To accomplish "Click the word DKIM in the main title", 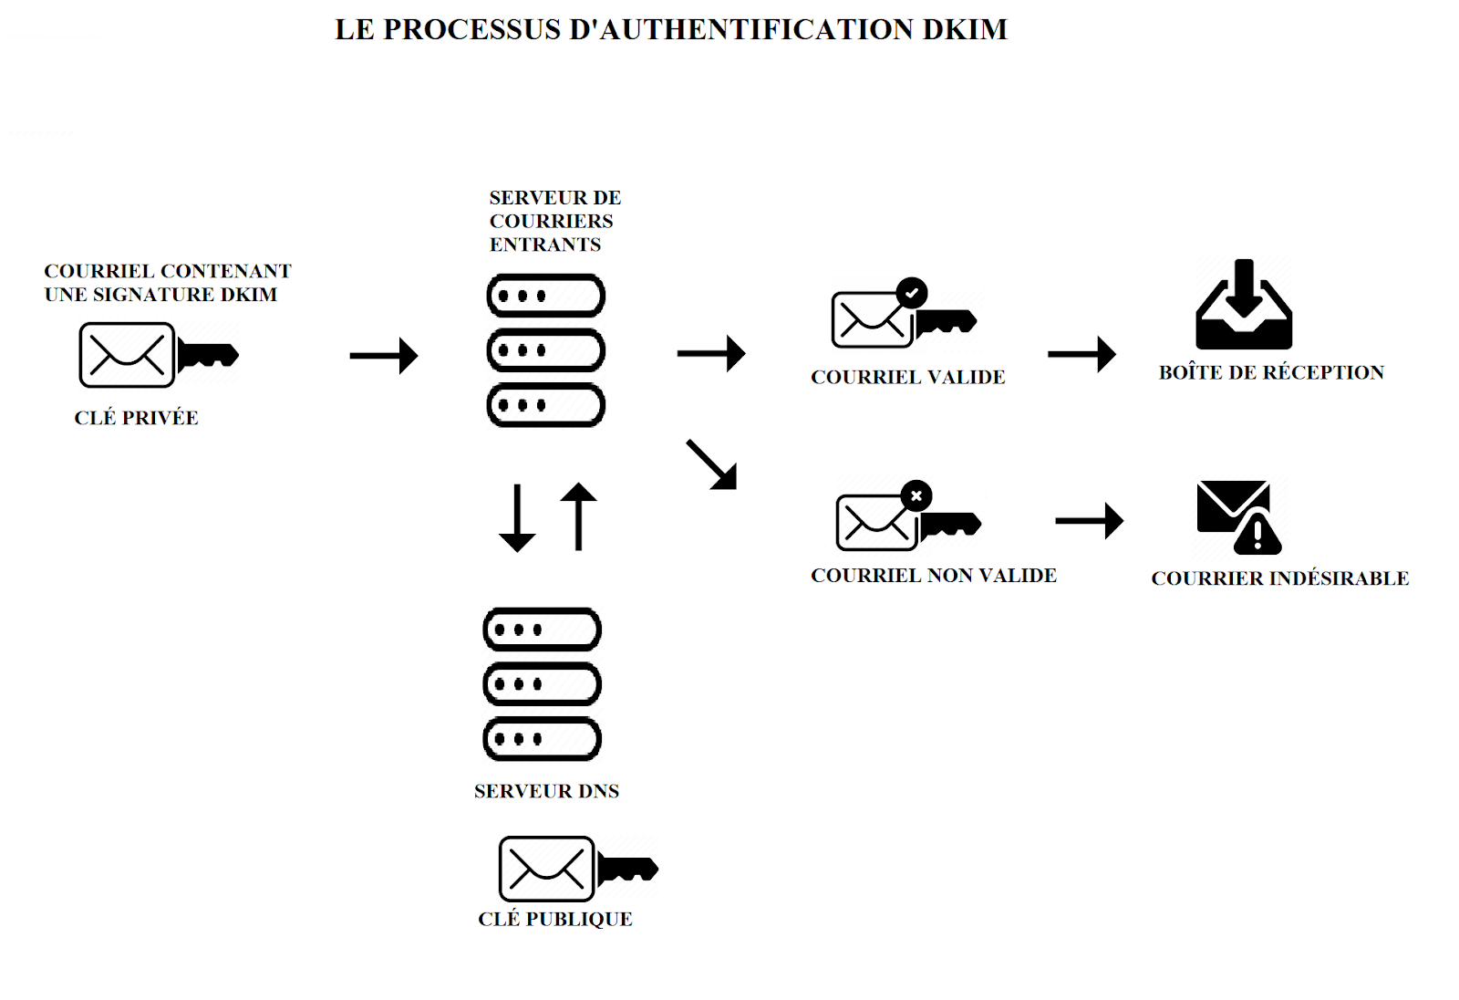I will tap(964, 29).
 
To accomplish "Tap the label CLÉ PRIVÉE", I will tap(136, 418).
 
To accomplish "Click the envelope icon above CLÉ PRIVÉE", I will tap(127, 355).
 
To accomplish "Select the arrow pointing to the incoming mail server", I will tap(383, 355).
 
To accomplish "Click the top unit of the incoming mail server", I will tap(546, 296).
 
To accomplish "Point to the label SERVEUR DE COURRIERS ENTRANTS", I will tap(554, 221).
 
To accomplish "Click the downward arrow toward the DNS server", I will tap(517, 517).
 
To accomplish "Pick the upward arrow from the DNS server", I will tap(578, 516).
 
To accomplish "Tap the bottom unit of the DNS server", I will tap(542, 739).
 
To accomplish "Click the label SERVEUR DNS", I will tap(546, 791).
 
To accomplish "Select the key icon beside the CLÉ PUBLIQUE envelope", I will tap(627, 869).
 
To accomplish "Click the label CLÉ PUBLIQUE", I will tap(554, 919).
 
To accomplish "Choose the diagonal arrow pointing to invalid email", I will tap(712, 465).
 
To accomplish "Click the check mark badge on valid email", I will tap(911, 293).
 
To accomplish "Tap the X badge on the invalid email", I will tap(916, 495).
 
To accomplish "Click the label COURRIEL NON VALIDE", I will tap(933, 576).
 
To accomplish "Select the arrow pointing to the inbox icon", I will tap(1081, 354).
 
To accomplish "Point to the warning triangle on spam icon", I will tap(1257, 536).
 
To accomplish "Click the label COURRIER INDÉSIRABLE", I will tap(1279, 578).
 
